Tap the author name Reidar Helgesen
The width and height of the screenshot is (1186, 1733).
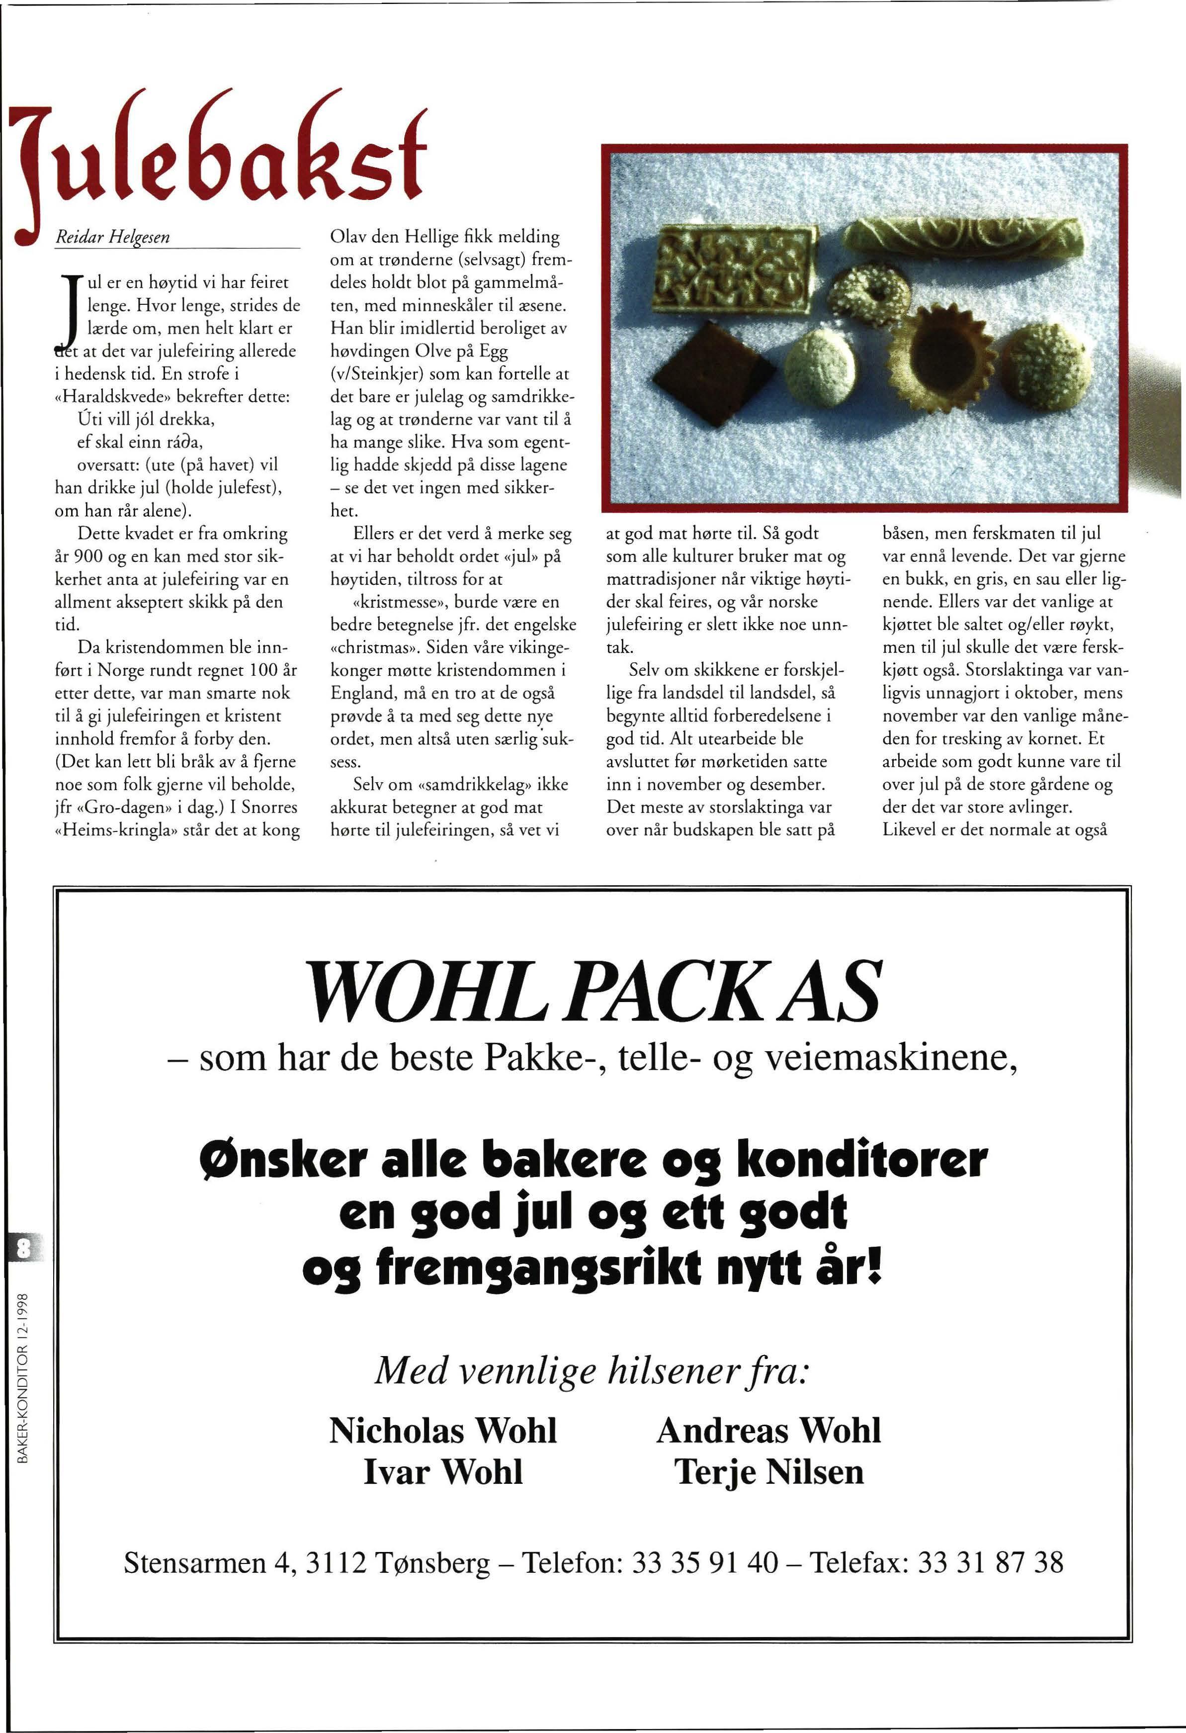click(113, 238)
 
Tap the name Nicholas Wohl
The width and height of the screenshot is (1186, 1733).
click(443, 1430)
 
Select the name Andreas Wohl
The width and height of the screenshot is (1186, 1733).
click(768, 1430)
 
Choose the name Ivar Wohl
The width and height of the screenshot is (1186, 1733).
click(443, 1472)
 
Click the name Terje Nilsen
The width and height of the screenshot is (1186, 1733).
click(768, 1472)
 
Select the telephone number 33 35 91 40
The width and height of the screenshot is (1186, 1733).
click(704, 1562)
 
